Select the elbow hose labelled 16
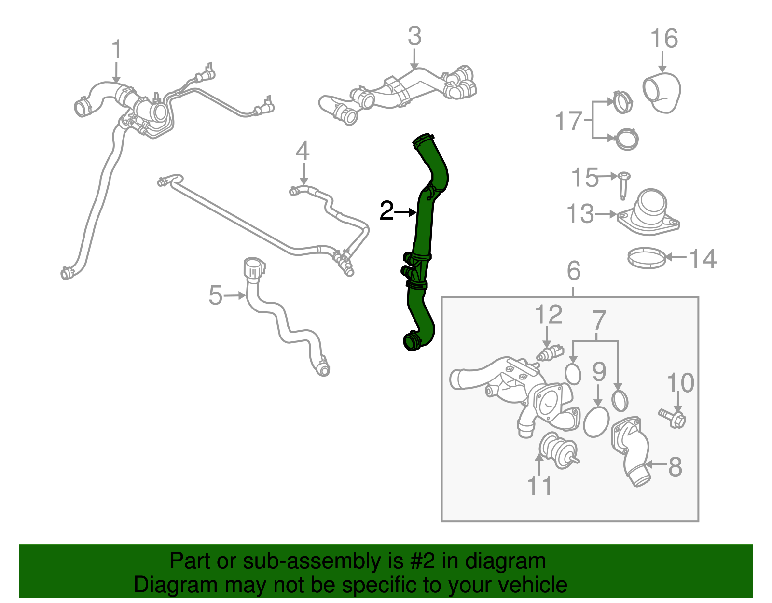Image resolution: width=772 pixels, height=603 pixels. point(662,93)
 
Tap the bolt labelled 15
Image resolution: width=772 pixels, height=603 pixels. point(623,185)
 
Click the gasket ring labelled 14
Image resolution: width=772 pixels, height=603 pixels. point(647,258)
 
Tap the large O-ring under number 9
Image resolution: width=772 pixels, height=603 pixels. point(596,422)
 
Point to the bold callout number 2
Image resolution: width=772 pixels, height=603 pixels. point(386,210)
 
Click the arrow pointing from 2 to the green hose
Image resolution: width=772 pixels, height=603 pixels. point(405,212)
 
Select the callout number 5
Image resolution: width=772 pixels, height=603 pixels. point(215,295)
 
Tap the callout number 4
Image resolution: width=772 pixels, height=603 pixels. point(303,151)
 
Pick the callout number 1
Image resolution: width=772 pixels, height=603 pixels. point(117,49)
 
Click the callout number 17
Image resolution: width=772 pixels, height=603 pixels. point(568,121)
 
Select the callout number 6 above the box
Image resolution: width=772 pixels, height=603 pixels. point(574,271)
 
